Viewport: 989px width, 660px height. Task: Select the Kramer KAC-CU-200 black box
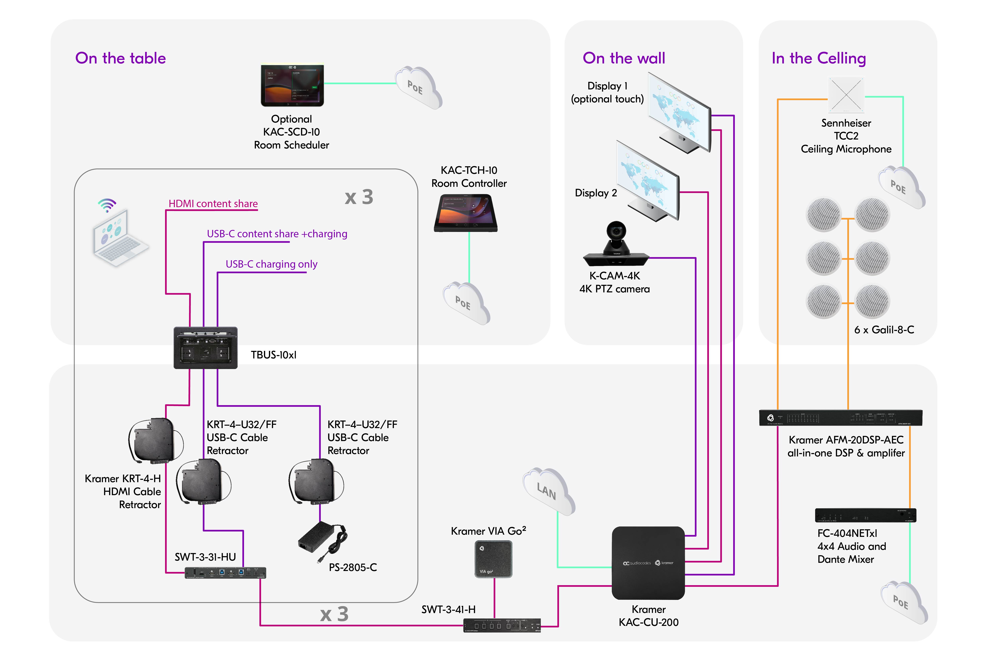(648, 563)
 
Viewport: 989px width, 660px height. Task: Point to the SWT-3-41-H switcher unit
(502, 625)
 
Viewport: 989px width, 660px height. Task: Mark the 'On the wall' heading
(624, 58)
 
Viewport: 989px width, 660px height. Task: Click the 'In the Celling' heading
(818, 58)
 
